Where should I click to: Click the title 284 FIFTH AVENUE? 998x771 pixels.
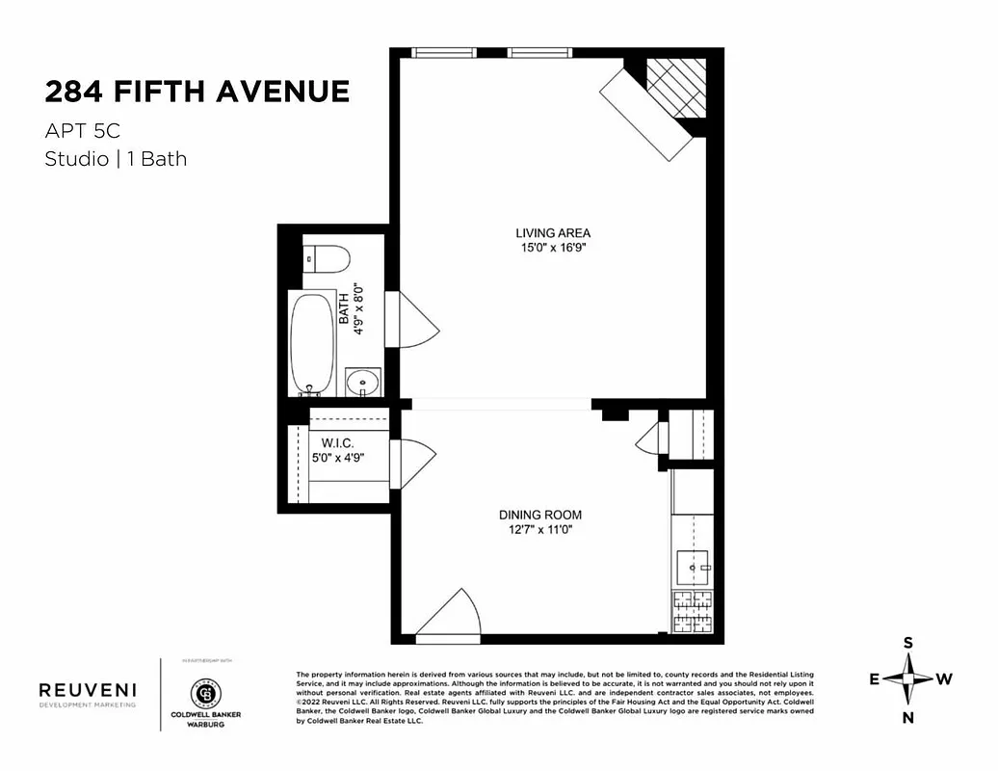[197, 92]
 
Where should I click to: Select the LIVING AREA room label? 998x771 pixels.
[553, 233]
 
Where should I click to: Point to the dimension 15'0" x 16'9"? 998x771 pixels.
[553, 248]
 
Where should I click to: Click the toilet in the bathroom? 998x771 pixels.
[328, 260]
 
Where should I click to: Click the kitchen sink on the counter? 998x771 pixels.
[692, 565]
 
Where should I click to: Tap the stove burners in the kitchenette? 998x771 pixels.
[692, 612]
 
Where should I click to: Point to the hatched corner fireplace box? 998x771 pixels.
[675, 87]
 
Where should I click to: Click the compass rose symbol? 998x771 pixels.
[907, 679]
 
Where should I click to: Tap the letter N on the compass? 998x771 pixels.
[907, 717]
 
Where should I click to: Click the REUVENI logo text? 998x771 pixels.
[87, 689]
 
